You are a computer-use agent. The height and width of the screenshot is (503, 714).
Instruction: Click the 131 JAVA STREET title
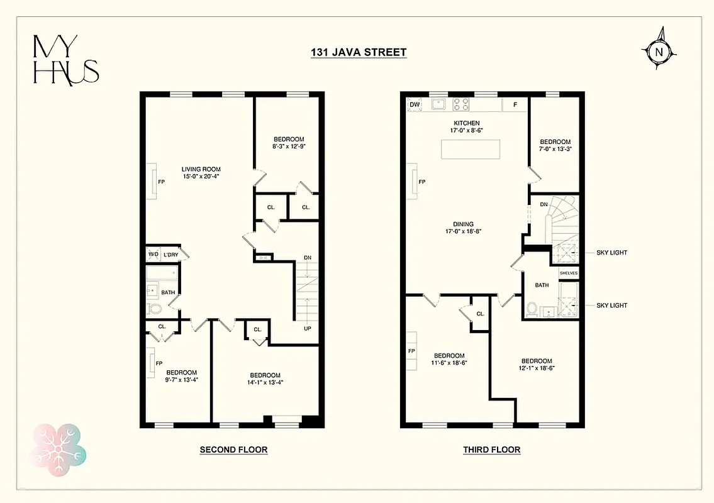pyautogui.click(x=359, y=52)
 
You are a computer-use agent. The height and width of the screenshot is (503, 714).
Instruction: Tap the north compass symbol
pyautogui.click(x=659, y=52)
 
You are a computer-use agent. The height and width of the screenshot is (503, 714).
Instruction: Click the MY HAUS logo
pyautogui.click(x=66, y=60)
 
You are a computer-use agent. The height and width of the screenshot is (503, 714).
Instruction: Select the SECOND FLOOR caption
pyautogui.click(x=233, y=450)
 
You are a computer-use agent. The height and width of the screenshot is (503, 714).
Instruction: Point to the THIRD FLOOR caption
pyautogui.click(x=491, y=450)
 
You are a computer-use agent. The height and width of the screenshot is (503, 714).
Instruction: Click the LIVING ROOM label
pyautogui.click(x=201, y=169)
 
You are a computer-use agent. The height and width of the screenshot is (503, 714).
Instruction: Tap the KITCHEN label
pyautogui.click(x=467, y=123)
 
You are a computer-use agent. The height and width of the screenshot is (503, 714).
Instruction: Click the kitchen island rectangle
pyautogui.click(x=471, y=150)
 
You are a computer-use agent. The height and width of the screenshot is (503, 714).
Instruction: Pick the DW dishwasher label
pyautogui.click(x=415, y=104)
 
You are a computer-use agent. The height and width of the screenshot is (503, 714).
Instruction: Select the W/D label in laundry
pyautogui.click(x=153, y=255)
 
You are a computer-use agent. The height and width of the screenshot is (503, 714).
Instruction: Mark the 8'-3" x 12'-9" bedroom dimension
pyautogui.click(x=289, y=146)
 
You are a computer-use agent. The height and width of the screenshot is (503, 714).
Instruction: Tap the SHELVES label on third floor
pyautogui.click(x=568, y=273)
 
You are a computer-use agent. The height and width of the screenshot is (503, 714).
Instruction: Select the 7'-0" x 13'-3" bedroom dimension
pyautogui.click(x=555, y=149)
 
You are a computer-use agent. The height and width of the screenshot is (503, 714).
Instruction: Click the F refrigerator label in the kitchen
pyautogui.click(x=515, y=104)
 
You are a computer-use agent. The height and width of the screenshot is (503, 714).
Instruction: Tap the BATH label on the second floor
pyautogui.click(x=168, y=292)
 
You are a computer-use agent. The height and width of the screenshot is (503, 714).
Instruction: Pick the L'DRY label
pyautogui.click(x=171, y=255)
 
